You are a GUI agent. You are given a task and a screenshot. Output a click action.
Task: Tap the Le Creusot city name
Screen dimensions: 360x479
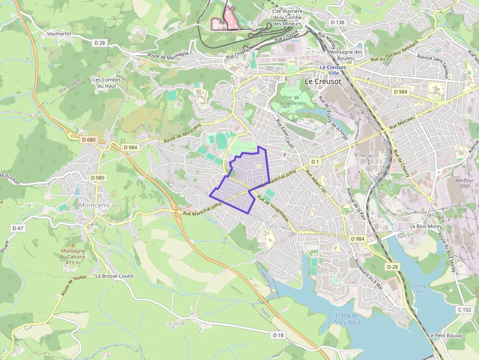(x=323, y=82)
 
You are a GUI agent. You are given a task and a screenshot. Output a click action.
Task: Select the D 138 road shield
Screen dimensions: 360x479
(x=337, y=22)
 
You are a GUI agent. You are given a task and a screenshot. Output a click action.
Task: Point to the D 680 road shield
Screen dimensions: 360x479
(x=89, y=140)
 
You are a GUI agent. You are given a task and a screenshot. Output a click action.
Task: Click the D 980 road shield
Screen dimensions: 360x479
(x=97, y=178)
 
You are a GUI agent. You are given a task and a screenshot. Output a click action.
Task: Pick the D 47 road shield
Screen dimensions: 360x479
(x=18, y=228)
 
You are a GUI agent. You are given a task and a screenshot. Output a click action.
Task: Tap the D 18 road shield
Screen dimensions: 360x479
(x=278, y=335)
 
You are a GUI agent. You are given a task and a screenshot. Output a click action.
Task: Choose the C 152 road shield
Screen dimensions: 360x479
(x=464, y=310)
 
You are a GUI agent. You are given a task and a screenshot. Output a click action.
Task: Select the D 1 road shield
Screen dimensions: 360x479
(x=315, y=161)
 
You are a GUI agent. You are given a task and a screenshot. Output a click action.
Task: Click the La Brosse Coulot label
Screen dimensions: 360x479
(x=114, y=276)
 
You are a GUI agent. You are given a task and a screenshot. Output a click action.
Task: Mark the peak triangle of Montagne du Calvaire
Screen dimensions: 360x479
(x=73, y=245)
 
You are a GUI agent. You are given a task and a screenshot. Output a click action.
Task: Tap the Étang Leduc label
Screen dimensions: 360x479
(x=419, y=288)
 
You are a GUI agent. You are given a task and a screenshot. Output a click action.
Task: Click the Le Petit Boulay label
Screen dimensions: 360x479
(x=445, y=336)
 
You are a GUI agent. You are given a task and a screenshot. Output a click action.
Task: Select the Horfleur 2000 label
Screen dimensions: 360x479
(x=457, y=183)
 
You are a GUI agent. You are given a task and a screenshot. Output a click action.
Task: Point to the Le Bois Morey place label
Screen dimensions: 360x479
(x=426, y=226)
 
